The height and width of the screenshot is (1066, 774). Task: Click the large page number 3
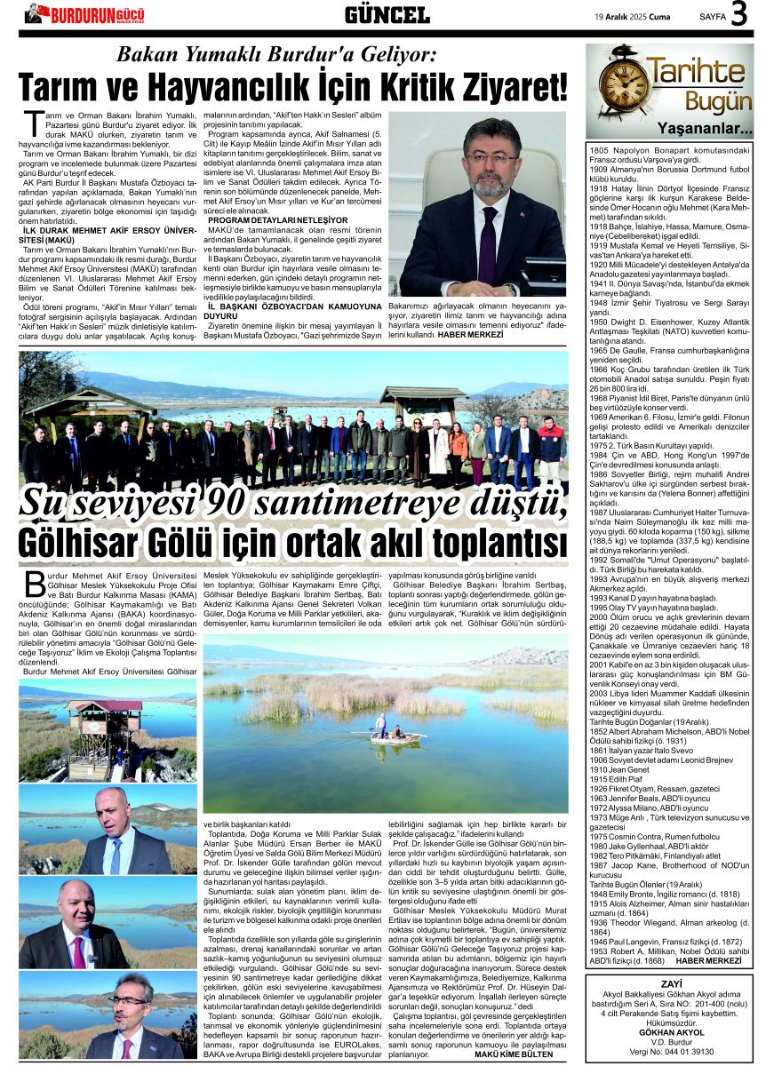click(739, 15)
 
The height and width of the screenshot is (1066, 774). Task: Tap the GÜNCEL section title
click(387, 14)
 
